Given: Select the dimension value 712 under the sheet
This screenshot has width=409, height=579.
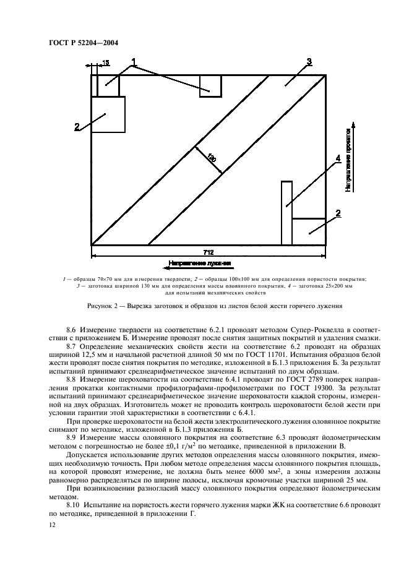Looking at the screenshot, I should point(209,252).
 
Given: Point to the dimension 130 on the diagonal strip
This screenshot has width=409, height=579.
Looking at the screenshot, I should point(211,159).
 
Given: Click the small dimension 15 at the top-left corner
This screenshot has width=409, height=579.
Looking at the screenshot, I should point(106,62).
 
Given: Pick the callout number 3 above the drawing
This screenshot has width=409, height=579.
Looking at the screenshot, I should point(309,61).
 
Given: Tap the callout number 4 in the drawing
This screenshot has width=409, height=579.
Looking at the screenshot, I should point(338,159).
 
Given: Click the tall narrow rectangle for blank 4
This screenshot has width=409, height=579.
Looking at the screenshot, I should point(286,212).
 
